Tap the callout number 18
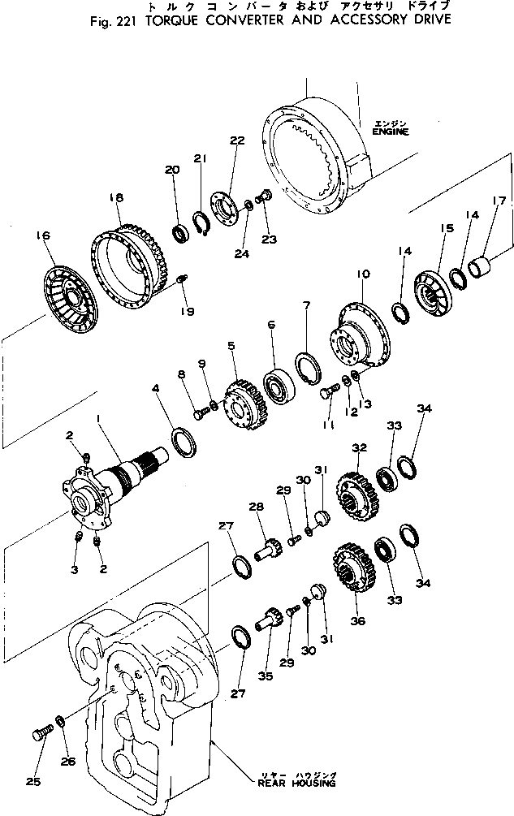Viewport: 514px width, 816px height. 115,197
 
